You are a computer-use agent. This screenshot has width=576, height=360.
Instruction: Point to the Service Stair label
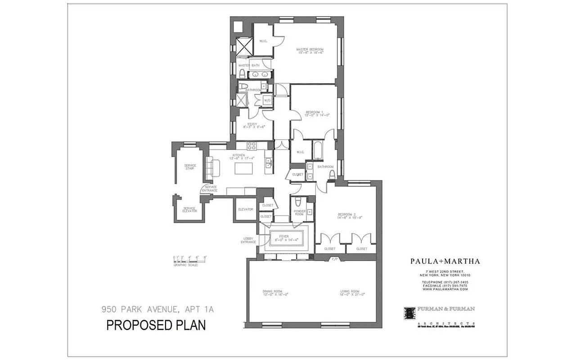[190, 167]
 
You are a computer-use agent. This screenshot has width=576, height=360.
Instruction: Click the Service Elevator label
[190, 209]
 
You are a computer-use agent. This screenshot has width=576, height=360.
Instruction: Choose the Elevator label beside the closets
[246, 209]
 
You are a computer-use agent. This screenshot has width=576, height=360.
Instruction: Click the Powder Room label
[299, 212]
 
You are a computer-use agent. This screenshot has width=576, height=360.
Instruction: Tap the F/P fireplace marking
[334, 259]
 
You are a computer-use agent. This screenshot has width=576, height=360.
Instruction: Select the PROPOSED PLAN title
[156, 325]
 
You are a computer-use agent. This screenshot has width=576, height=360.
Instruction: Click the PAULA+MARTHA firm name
[439, 261]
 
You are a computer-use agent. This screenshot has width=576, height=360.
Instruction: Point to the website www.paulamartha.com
[439, 289]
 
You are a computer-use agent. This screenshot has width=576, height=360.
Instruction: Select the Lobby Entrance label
[248, 240]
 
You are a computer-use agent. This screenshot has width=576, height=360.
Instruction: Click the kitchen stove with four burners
[252, 145]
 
